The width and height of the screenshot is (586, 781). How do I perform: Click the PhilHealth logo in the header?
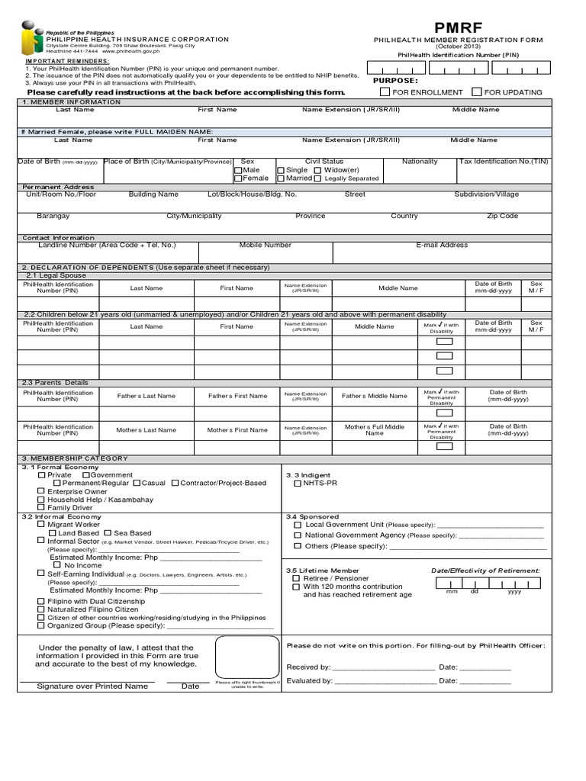pos(31,46)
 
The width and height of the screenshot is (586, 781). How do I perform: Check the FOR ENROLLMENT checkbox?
pos(385,92)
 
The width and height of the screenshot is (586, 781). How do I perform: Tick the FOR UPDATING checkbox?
pos(477,92)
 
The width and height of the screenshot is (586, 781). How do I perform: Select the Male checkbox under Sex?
pos(238,170)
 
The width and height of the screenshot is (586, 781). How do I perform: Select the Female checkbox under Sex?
pos(238,178)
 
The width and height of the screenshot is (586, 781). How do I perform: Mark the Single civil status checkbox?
pos(281,170)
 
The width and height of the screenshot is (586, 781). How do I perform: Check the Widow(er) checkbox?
pos(317,170)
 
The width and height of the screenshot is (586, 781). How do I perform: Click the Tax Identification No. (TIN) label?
pos(503,162)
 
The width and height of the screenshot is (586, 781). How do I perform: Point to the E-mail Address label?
pos(442,246)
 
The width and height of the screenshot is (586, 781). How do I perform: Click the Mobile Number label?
pos(265,246)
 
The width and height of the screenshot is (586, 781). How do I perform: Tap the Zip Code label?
pos(502,216)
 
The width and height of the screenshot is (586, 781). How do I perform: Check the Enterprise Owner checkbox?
pos(41,492)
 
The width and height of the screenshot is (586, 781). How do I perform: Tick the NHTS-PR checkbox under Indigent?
pos(298,483)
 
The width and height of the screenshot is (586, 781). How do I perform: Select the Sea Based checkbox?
pos(108,533)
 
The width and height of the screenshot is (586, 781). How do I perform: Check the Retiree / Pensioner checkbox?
pos(296,579)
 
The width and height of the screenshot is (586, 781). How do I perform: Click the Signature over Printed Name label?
pos(92,686)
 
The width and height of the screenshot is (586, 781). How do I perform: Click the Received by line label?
pos(308,667)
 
